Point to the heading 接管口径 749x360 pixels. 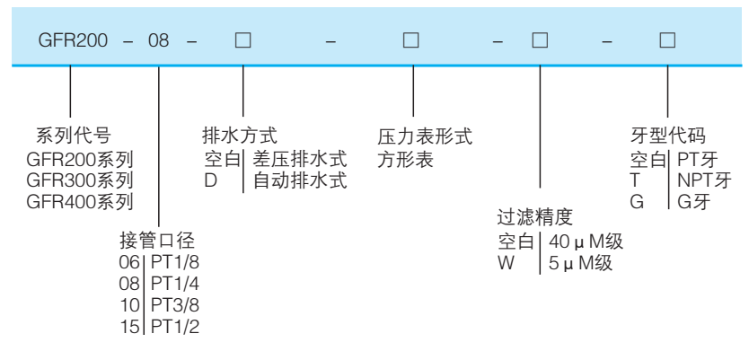(x=157, y=241)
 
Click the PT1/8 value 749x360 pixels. (x=175, y=262)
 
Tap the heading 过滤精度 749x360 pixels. (x=535, y=218)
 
